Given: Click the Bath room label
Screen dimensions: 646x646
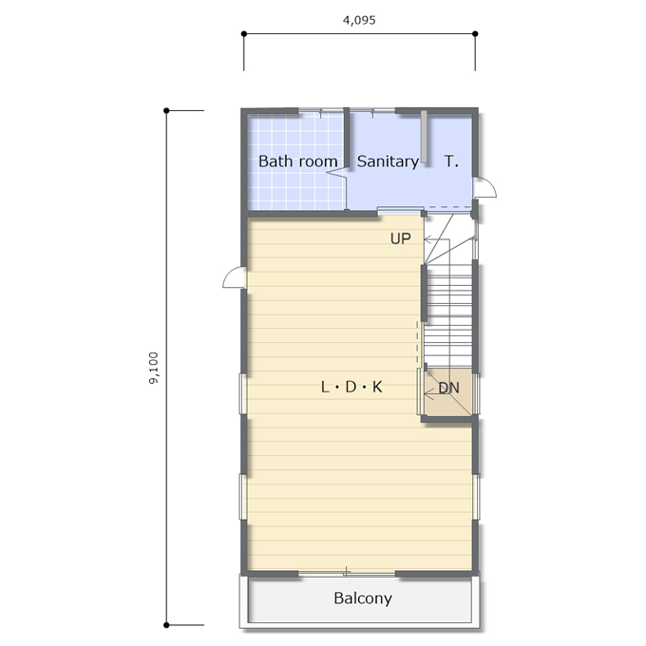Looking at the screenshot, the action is pos(298,161).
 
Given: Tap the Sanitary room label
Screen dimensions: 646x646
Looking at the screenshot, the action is pos(388,161).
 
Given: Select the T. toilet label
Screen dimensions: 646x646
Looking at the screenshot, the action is pos(451,161).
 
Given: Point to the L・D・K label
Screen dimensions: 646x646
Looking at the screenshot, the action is pos(351,387).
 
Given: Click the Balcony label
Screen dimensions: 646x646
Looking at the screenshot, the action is pos(363,598).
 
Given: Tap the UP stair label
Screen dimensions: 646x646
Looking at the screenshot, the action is pos(401,238).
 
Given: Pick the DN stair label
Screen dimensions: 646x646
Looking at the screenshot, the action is pos(448,388).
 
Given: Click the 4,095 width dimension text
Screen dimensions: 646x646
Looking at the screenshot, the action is pos(359,20).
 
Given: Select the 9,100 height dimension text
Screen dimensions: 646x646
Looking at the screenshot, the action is pos(153,368).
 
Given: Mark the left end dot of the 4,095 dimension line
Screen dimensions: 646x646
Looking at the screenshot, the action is pos(244,33).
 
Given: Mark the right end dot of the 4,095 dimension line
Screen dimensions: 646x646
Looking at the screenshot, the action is pos(475,33).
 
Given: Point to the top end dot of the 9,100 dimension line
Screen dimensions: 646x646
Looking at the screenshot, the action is pos(166,110).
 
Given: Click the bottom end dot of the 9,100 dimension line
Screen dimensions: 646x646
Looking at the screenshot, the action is pos(166,625).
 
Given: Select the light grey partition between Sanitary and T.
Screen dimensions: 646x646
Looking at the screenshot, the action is pos(424,137).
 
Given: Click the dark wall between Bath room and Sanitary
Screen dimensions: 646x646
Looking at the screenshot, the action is pos(347,138).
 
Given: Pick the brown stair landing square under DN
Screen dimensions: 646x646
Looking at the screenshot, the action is pos(448,391).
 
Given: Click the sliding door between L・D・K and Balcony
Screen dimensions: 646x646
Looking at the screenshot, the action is pos(347,573).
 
